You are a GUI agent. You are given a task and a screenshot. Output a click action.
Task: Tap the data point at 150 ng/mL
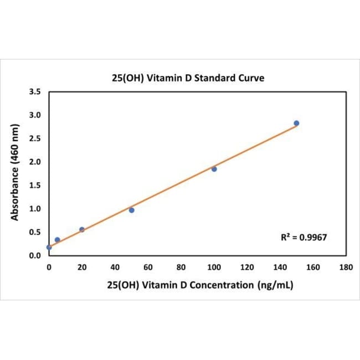tap(296, 123)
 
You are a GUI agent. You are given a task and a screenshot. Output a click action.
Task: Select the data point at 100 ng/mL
tap(214, 169)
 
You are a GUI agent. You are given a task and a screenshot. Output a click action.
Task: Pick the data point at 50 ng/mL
tap(131, 210)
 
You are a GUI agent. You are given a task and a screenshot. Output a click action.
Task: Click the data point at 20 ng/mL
tap(82, 229)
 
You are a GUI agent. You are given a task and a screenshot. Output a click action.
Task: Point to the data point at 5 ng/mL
tap(57, 240)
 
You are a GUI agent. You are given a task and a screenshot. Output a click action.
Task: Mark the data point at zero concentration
tap(49, 247)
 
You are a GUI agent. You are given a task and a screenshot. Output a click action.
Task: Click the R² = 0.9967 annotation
tap(305, 237)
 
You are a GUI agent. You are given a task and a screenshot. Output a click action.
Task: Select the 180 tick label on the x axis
tap(346, 267)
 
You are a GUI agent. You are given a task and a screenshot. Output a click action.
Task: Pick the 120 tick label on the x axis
tap(247, 267)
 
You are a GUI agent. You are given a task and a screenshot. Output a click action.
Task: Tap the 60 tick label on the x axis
tap(148, 267)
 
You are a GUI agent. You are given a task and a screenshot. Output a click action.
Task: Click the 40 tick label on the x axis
tap(115, 267)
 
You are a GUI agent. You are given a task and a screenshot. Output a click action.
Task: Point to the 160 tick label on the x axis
tap(313, 267)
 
